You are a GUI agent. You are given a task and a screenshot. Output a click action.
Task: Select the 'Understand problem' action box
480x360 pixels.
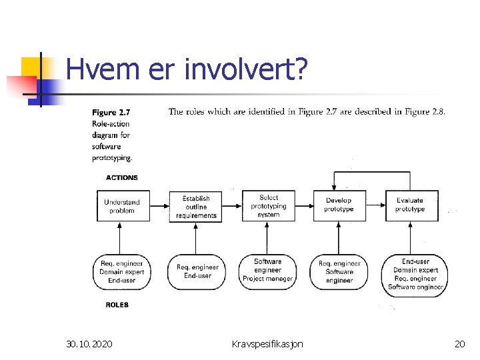coord(122,205)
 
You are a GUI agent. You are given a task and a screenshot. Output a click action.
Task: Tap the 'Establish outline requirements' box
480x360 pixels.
coord(195,206)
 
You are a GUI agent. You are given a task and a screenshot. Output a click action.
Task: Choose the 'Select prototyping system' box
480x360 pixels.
coord(268,206)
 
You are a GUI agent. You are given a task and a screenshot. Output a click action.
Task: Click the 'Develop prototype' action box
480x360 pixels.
coord(339,205)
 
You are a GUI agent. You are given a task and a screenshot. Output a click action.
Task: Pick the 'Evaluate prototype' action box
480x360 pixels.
coord(410,205)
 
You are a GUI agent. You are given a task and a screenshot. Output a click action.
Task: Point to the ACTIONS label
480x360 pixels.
coord(122,178)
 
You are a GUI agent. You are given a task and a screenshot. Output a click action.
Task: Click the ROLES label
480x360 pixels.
coord(117,305)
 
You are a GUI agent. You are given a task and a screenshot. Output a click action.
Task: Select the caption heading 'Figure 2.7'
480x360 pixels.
coord(113,113)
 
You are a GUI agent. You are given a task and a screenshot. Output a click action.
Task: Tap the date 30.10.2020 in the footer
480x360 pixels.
coord(89,344)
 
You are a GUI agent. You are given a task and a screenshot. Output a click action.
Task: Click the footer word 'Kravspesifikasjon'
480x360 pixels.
coord(267,344)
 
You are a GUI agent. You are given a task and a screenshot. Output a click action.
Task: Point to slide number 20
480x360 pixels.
coord(459,344)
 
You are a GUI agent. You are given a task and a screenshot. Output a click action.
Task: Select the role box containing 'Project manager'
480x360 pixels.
coord(268,270)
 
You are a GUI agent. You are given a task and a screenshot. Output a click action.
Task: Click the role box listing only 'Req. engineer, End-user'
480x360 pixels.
coord(196,271)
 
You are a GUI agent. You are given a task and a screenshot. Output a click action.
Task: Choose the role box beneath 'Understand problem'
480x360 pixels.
coord(122,271)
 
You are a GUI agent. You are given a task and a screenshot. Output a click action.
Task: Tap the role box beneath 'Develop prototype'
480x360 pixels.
coord(339,271)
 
